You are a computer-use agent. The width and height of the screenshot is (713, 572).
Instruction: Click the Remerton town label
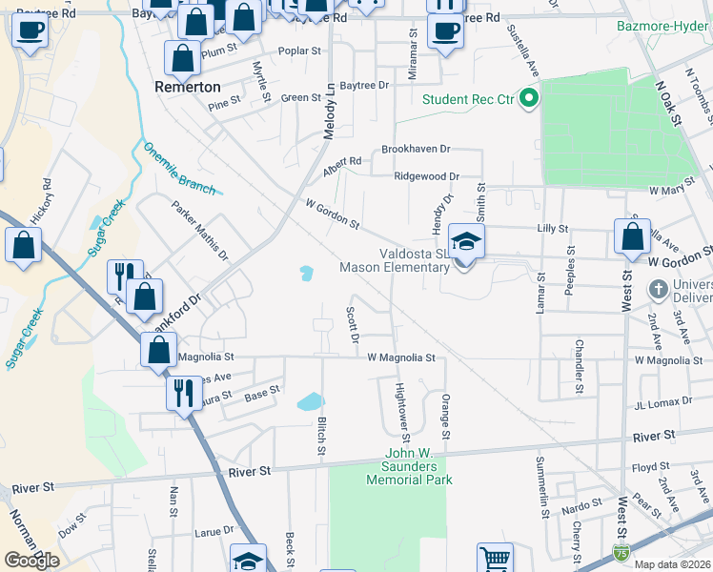tap(187, 86)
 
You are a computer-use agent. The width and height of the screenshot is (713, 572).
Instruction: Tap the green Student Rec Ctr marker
tap(527, 98)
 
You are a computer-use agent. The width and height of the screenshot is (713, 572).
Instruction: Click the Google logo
tap(31, 560)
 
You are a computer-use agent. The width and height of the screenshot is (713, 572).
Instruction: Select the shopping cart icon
tap(495, 559)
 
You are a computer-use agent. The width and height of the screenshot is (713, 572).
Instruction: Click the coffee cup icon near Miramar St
tap(444, 31)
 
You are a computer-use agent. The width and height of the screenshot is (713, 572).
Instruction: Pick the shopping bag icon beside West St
tap(632, 236)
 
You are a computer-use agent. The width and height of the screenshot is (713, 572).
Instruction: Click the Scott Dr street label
tap(353, 324)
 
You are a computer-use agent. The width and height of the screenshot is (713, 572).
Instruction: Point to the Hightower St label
tap(401, 412)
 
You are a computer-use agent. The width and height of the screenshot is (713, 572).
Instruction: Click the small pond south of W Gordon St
tap(305, 274)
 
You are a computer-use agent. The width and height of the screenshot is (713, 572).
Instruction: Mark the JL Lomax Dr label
tap(662, 402)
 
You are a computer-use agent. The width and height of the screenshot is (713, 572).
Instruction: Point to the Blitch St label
tap(321, 435)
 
